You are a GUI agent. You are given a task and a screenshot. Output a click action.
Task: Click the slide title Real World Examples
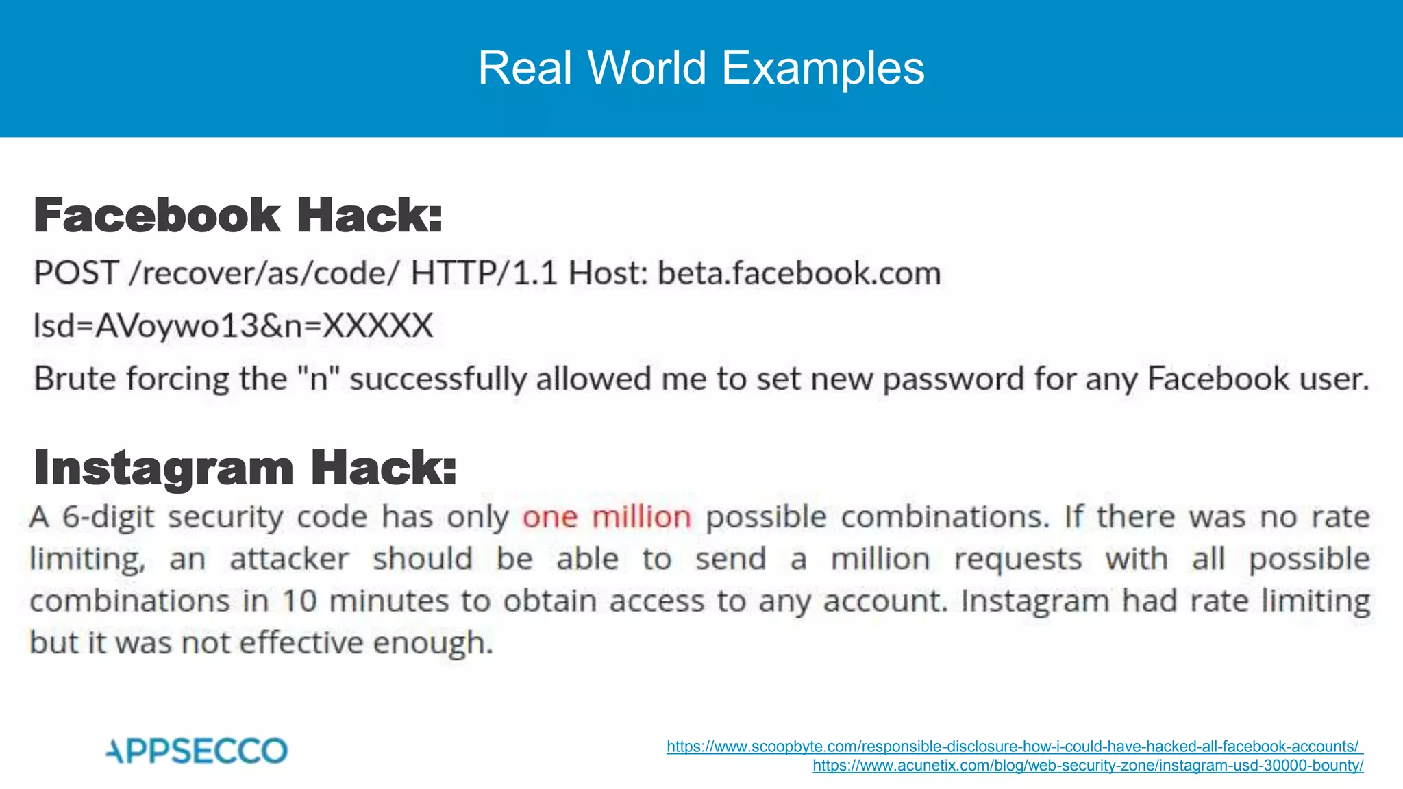[701, 68]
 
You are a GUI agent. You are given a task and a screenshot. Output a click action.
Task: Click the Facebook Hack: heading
[238, 215]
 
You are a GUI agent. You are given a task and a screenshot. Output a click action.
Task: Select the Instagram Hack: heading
[245, 468]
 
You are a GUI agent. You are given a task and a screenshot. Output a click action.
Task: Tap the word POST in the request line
[76, 273]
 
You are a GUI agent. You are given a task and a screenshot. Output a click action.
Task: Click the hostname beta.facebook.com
[799, 273]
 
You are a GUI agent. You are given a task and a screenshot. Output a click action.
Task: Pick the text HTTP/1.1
[484, 273]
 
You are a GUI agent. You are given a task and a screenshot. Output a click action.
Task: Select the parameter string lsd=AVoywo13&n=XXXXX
[233, 325]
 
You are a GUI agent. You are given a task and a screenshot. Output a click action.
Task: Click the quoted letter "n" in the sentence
[319, 379]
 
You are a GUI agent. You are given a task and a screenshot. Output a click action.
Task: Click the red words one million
[607, 517]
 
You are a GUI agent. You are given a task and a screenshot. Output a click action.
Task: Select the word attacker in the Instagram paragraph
[289, 559]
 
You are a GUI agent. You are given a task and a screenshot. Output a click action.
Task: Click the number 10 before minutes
[299, 601]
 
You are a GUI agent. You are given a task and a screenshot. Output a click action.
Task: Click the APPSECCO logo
[197, 751]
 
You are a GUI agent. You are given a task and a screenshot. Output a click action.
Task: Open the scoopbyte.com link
[1014, 747]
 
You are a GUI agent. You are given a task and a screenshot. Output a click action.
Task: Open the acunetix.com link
[1088, 766]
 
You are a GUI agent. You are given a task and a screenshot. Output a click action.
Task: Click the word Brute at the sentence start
[75, 379]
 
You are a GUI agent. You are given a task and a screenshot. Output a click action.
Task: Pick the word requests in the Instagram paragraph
[1018, 559]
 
